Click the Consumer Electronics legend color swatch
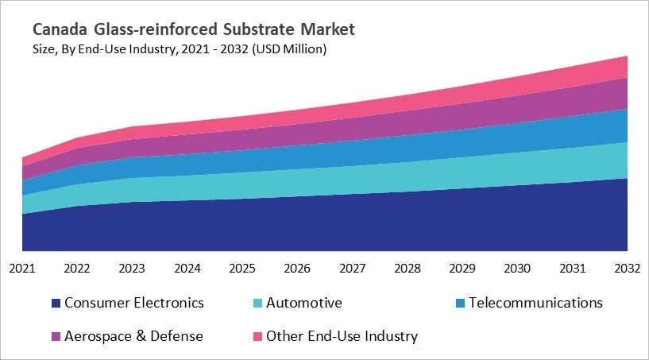56,304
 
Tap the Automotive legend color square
257,304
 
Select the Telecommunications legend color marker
459,304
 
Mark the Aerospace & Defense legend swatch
56,337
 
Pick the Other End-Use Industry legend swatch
257,337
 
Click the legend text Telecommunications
535,303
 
